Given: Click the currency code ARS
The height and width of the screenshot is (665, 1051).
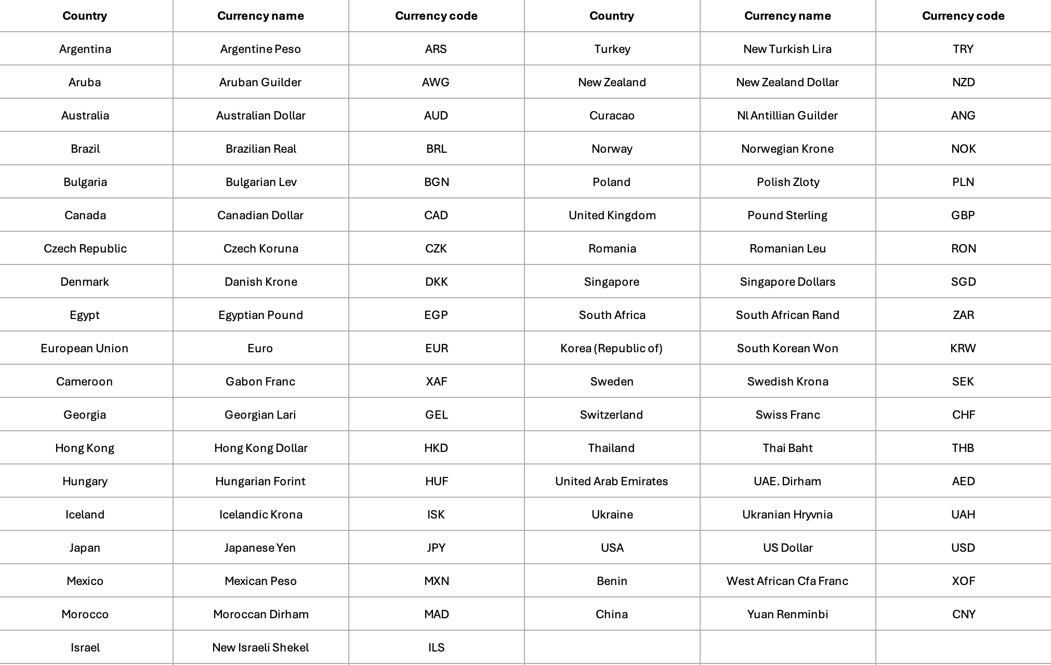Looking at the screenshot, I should (436, 49).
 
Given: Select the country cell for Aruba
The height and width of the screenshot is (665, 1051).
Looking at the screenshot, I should (85, 82).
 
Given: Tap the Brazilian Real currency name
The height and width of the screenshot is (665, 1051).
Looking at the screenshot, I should (260, 149).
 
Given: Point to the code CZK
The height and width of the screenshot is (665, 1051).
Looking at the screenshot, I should (436, 248).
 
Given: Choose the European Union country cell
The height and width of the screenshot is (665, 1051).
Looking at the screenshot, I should (85, 348).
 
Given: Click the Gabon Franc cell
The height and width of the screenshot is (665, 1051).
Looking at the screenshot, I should (260, 381).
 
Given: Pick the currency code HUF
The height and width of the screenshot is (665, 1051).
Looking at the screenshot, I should (436, 481).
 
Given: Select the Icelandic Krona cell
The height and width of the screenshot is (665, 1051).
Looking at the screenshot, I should (260, 514).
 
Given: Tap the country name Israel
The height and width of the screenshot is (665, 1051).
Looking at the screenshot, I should (85, 647).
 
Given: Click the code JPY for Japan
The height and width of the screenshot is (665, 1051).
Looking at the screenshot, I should (436, 548).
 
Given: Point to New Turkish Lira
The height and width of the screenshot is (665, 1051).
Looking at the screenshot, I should (787, 49).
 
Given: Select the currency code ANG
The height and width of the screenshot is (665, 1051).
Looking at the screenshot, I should (963, 115).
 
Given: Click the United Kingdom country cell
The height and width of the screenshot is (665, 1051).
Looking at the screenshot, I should (612, 215).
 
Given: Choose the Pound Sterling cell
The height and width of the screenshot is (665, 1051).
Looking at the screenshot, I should (787, 215).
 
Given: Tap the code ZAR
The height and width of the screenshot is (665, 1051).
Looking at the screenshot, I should (963, 315).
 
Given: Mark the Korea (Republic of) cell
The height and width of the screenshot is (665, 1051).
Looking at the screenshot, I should (611, 348).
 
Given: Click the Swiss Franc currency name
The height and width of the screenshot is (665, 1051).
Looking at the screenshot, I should (787, 415).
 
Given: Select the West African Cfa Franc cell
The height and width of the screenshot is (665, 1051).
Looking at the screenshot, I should (787, 581).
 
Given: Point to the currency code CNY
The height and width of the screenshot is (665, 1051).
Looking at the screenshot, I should (963, 614).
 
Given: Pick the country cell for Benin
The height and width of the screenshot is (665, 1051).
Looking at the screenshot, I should (612, 581).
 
